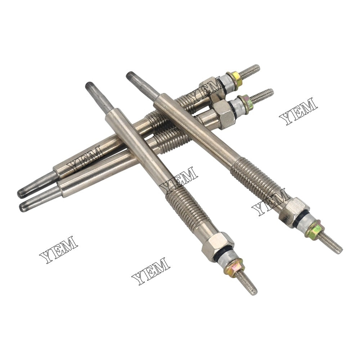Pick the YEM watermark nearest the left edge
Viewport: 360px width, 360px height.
tap(59, 249)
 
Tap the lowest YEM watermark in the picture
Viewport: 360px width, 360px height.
tap(151, 271)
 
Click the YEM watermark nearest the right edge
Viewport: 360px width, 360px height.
tap(298, 111)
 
